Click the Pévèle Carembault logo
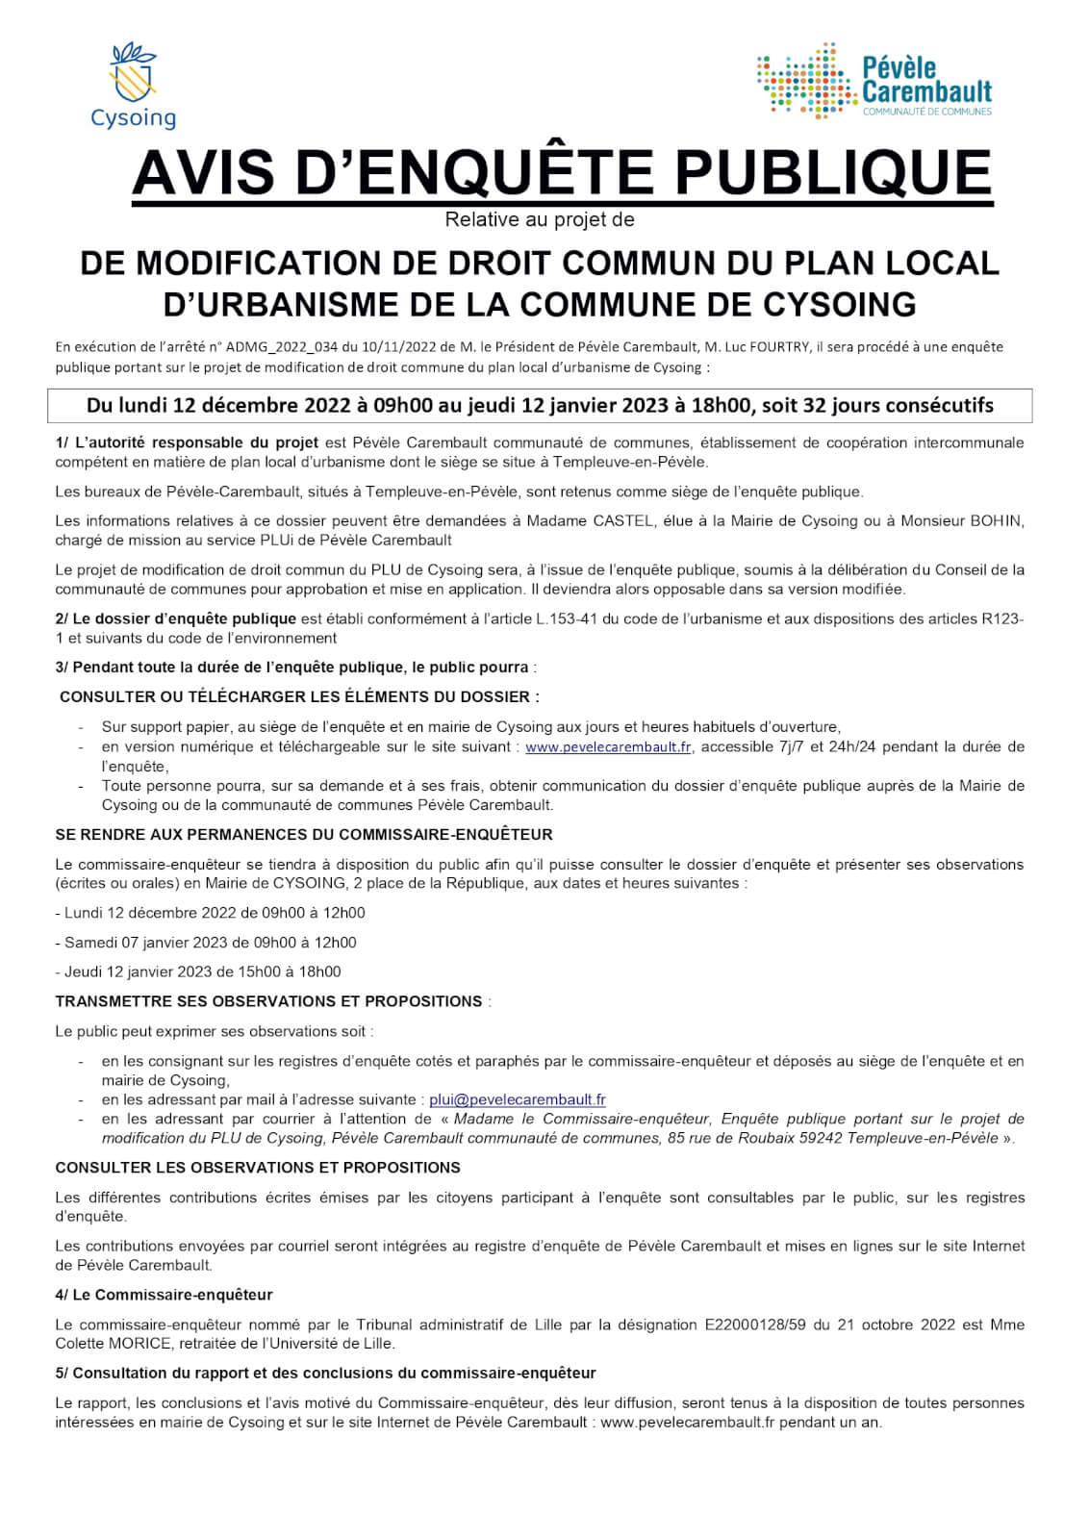point(874,82)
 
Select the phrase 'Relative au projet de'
point(539,220)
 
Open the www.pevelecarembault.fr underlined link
point(608,747)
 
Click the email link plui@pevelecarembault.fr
point(517,1100)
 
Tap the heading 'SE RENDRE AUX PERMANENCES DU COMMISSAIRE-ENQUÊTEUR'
point(304,835)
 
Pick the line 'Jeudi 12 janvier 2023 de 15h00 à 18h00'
point(198,972)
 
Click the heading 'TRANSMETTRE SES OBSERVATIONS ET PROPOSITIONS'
point(268,1001)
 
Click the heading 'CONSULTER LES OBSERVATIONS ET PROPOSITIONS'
point(258,1168)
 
